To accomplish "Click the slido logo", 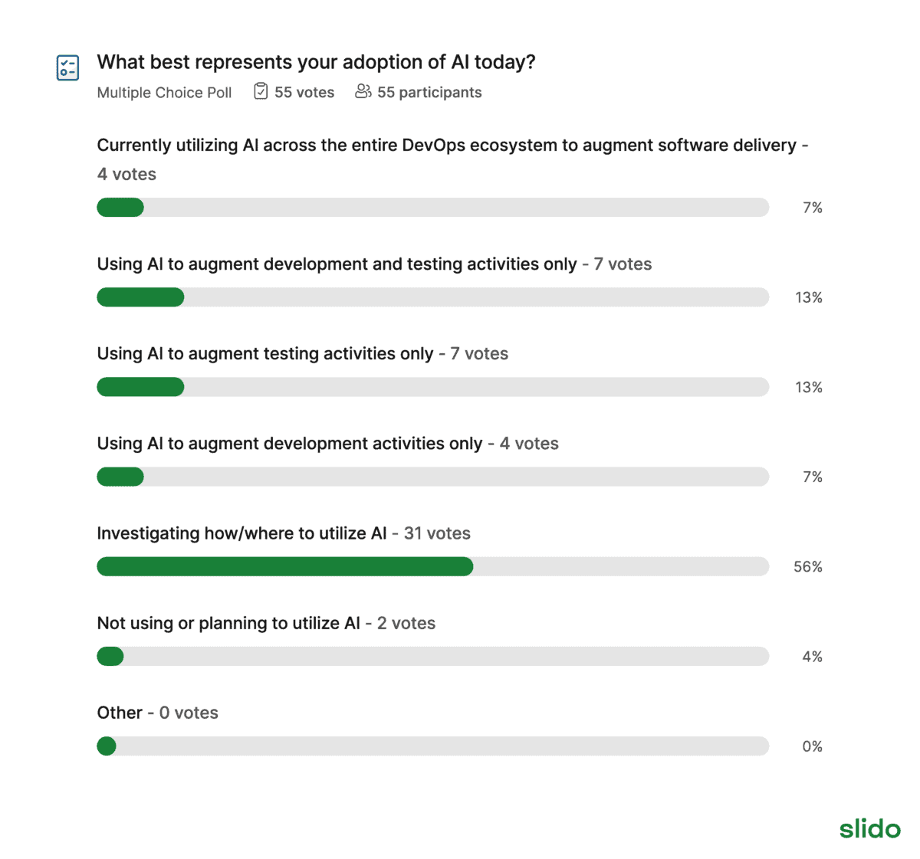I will [x=869, y=828].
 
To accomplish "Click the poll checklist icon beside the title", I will [x=67, y=67].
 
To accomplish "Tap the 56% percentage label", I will [x=807, y=567].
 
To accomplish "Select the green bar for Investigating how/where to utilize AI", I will [x=284, y=566].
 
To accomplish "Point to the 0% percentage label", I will [x=812, y=746].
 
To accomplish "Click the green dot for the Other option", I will [x=107, y=746].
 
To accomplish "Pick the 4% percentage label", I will [x=812, y=657].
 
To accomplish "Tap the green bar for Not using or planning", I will [x=110, y=657].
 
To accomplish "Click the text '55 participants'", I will [x=429, y=93].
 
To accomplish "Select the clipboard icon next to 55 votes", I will [x=261, y=92].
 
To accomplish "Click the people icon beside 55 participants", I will [x=363, y=92].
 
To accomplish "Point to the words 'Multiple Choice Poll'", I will [x=164, y=93].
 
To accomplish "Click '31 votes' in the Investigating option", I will [x=437, y=533].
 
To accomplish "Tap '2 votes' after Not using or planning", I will [x=406, y=623].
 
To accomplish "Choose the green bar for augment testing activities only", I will [x=140, y=387].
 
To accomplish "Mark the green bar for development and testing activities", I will [x=140, y=297].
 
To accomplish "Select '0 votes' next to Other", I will [x=189, y=713].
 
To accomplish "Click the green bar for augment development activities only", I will [x=120, y=477].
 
